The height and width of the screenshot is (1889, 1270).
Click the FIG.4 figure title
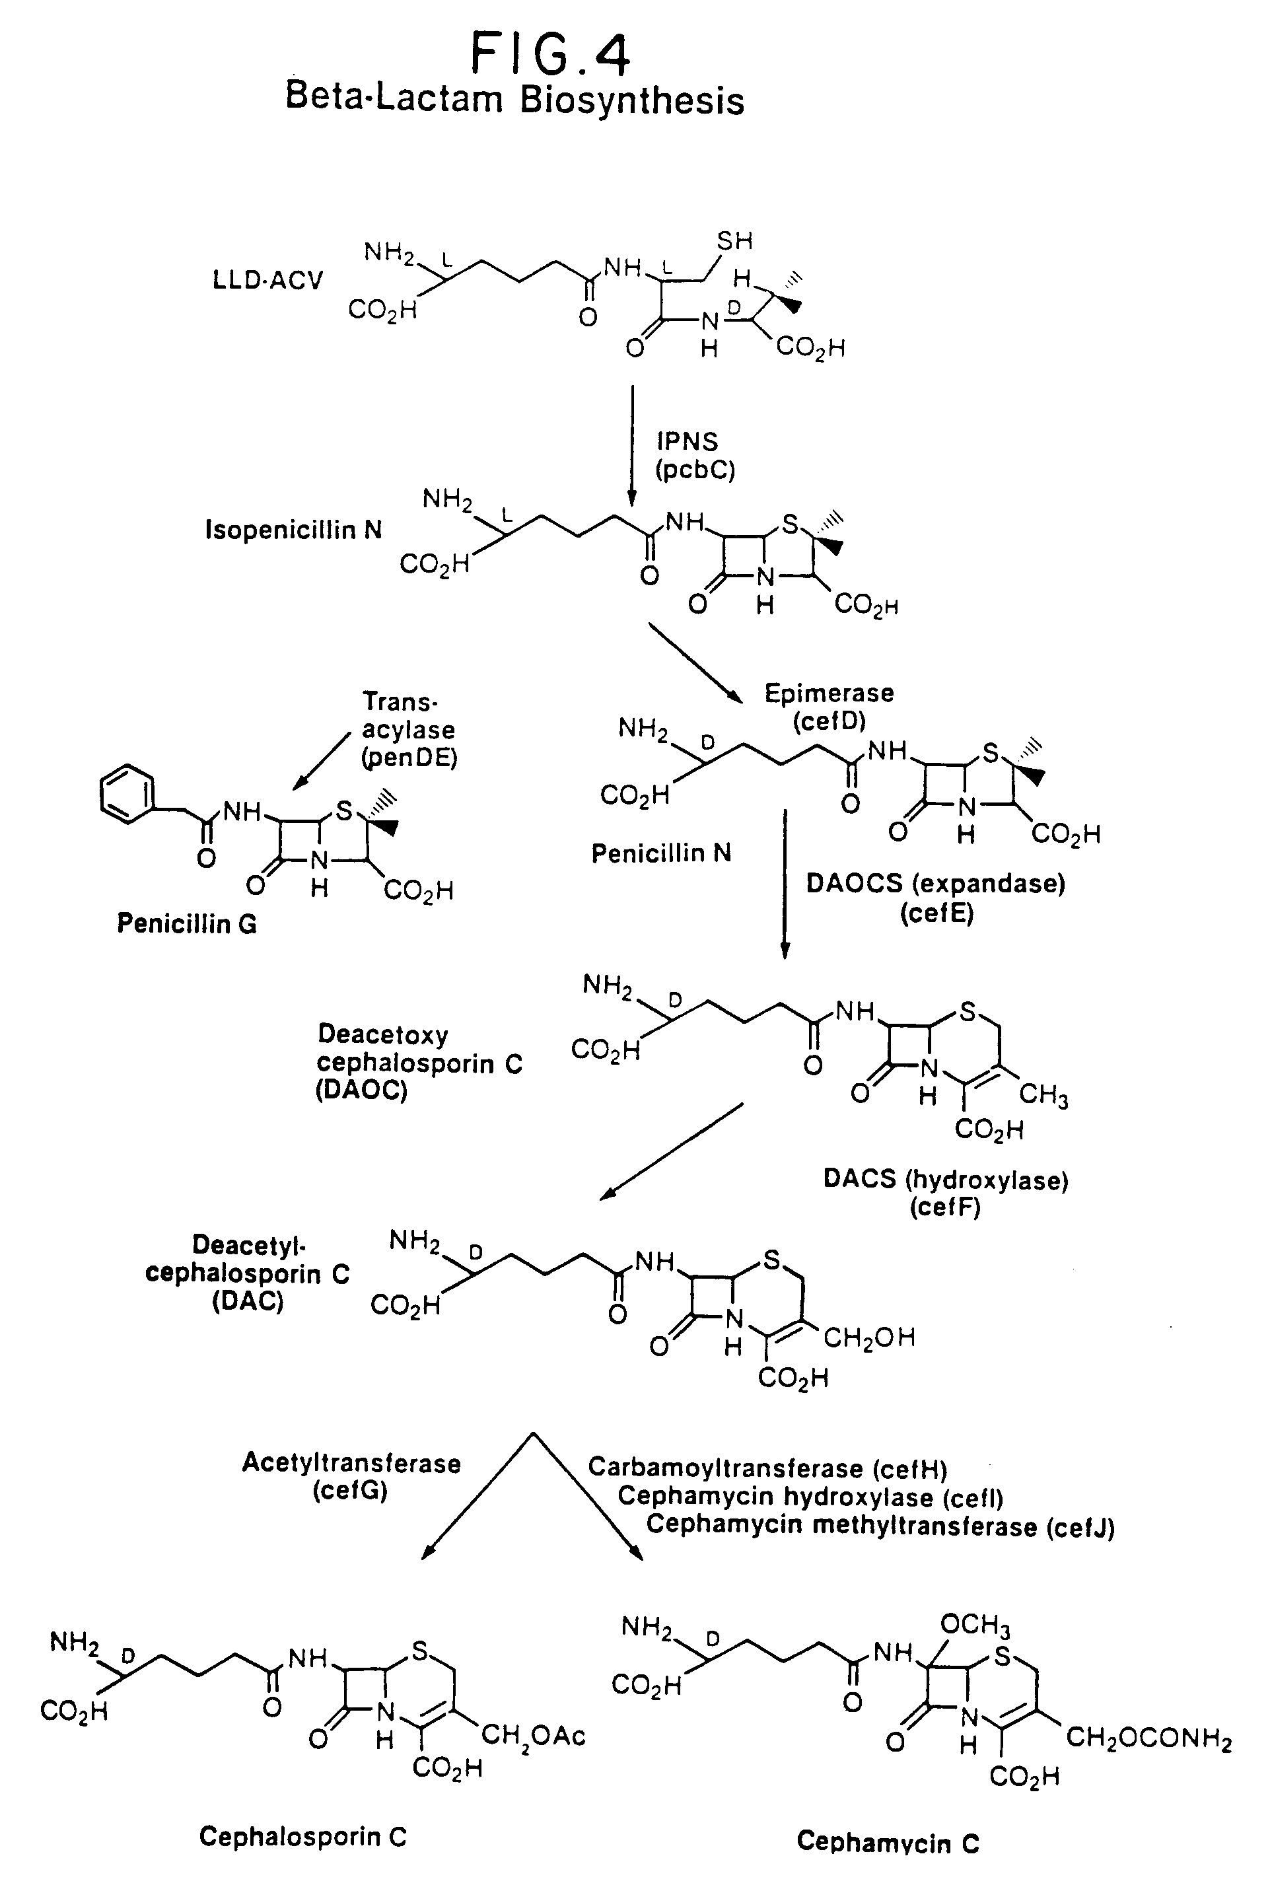551,54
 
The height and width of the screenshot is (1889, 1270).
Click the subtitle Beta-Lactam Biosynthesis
515,100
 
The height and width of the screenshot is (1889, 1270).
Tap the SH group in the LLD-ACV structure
734,240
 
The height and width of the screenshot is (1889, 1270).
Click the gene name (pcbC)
695,470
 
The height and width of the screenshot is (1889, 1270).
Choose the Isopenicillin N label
293,530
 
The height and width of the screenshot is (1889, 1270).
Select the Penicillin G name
187,923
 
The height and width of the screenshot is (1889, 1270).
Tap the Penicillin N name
661,853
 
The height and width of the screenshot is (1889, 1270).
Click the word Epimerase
829,694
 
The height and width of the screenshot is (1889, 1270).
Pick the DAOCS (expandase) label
935,883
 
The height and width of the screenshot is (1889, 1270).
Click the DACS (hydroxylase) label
946,1180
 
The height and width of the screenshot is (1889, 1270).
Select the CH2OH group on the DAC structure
869,1337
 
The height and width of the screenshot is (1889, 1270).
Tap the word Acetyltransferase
351,1464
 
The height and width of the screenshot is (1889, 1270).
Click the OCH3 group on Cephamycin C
975,1625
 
